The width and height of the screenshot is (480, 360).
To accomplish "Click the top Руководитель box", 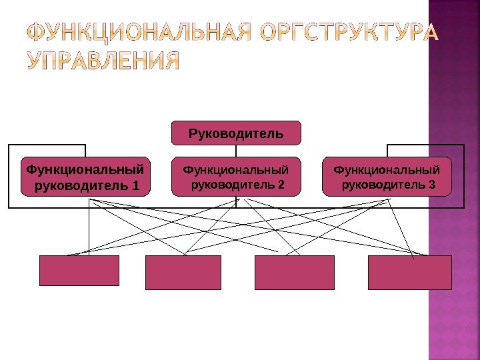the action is click(236, 133).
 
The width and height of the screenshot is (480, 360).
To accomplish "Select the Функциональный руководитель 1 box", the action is click(86, 177).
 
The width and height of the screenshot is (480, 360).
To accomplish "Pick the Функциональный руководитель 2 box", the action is click(236, 177).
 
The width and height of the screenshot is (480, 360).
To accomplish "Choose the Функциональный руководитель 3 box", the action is click(387, 177).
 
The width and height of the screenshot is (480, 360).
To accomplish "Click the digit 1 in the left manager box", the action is click(136, 185).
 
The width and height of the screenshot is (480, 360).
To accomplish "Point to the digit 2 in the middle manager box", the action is click(280, 185).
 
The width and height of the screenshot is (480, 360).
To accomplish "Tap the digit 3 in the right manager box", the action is click(431, 185).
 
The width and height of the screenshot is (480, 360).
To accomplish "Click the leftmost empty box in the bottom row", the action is click(79, 271).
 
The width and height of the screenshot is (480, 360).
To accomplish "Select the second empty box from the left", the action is click(183, 272).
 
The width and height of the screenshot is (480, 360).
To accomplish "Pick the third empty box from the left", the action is click(294, 272).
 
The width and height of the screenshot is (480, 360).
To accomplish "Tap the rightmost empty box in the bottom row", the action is click(410, 272).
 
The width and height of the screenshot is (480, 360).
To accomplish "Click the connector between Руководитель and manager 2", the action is click(236, 151).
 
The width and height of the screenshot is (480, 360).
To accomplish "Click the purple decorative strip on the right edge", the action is click(453, 200).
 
